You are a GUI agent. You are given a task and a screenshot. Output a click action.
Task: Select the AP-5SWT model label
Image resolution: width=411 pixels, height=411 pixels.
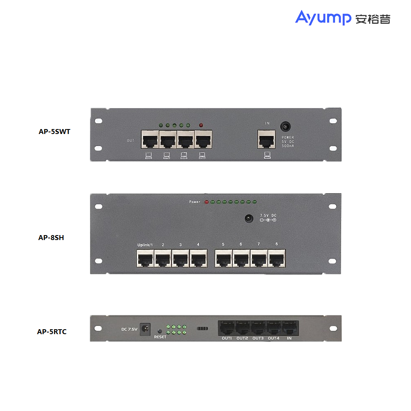(54, 132)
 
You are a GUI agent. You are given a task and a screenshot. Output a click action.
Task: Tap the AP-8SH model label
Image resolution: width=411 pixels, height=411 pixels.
(51, 237)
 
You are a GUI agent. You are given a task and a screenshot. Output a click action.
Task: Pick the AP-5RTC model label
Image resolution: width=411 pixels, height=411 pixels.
(52, 332)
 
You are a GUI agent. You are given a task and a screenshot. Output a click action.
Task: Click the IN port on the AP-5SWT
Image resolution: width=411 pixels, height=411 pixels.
(266, 139)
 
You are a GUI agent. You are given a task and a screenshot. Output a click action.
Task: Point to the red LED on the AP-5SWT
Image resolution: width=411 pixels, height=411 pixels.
(201, 125)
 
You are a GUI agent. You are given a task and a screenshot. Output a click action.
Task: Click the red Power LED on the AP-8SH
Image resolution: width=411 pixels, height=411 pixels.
(207, 202)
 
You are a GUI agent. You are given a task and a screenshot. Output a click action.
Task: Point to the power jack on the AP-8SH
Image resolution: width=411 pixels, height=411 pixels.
(248, 219)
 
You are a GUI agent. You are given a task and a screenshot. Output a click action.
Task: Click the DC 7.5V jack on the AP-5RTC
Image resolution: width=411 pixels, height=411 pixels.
(145, 328)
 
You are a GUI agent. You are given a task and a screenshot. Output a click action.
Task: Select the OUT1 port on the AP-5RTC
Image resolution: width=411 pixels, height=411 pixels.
(227, 328)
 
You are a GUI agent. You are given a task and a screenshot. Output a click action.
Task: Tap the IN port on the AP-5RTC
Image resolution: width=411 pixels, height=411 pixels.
(289, 328)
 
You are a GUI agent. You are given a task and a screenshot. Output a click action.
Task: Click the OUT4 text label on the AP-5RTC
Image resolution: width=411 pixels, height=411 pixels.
(274, 338)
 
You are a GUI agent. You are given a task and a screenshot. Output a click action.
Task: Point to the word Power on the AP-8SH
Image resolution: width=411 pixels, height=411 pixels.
(195, 202)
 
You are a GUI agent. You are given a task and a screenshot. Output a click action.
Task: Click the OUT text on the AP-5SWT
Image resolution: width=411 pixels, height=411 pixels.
(131, 141)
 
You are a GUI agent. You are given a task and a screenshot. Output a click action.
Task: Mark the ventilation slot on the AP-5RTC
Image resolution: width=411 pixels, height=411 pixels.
(203, 329)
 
